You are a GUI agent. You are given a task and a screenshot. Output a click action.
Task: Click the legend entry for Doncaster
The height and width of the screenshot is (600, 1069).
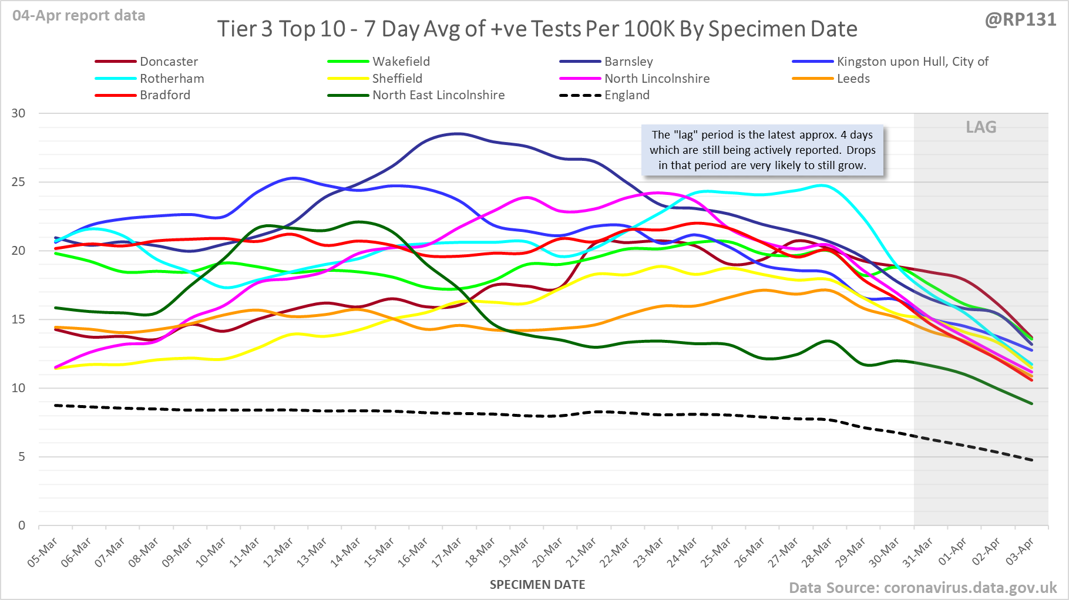pyautogui.click(x=169, y=62)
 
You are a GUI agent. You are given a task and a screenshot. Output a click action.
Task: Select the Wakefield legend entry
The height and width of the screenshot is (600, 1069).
pyautogui.click(x=401, y=62)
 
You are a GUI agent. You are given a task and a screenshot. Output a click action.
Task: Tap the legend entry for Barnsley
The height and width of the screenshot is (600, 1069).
pyautogui.click(x=628, y=62)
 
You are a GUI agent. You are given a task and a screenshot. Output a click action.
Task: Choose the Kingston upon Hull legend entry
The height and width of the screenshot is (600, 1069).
pyautogui.click(x=912, y=62)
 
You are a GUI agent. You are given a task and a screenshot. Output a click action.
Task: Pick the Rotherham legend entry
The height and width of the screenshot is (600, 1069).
pyautogui.click(x=172, y=79)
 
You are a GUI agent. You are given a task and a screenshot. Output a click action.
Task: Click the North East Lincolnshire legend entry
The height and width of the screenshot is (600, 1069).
pyautogui.click(x=438, y=95)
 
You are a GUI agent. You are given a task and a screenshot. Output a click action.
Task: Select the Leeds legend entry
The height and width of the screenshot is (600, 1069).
pyautogui.click(x=853, y=79)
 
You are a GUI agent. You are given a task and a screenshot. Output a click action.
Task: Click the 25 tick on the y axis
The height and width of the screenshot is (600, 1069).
pyautogui.click(x=19, y=182)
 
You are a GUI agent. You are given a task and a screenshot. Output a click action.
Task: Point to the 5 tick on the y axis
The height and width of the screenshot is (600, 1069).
pyautogui.click(x=22, y=457)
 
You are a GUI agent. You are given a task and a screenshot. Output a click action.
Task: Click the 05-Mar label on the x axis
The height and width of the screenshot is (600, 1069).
pyautogui.click(x=42, y=552)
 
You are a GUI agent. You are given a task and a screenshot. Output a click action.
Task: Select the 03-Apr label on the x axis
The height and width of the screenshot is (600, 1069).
pyautogui.click(x=1020, y=552)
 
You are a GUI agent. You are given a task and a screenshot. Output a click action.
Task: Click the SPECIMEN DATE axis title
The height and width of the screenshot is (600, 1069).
pyautogui.click(x=537, y=585)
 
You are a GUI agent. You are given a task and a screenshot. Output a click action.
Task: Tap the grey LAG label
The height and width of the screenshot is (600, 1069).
pyautogui.click(x=981, y=127)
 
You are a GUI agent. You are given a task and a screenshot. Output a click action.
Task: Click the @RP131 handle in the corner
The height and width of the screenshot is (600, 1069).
pyautogui.click(x=1020, y=20)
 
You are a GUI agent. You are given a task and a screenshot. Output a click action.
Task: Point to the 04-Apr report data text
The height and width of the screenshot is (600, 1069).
pyautogui.click(x=79, y=16)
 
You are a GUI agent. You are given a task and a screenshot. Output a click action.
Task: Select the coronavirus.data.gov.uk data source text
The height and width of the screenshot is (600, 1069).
pyautogui.click(x=922, y=588)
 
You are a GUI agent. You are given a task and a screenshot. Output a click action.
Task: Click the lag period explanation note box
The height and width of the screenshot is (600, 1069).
pyautogui.click(x=762, y=150)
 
